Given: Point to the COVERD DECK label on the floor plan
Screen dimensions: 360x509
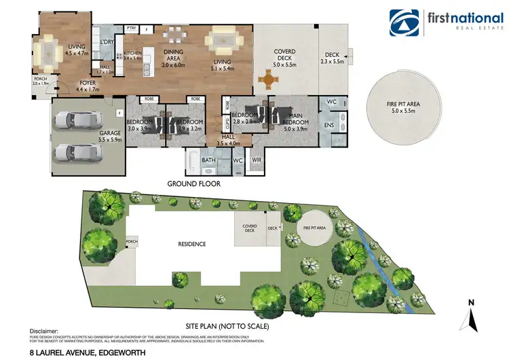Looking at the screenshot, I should [284, 55].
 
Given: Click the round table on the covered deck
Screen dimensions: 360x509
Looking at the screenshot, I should [271, 82].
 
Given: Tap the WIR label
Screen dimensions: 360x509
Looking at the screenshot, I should [256, 160].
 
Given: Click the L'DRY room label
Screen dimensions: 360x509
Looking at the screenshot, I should [107, 42].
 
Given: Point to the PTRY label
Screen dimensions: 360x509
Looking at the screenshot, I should [131, 29].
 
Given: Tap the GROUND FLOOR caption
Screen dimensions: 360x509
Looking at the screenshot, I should [193, 184].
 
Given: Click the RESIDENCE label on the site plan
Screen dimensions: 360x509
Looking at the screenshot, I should [192, 244].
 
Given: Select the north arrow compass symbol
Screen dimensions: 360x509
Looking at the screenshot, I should [470, 317].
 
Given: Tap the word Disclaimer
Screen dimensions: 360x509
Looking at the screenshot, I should [43, 328].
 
